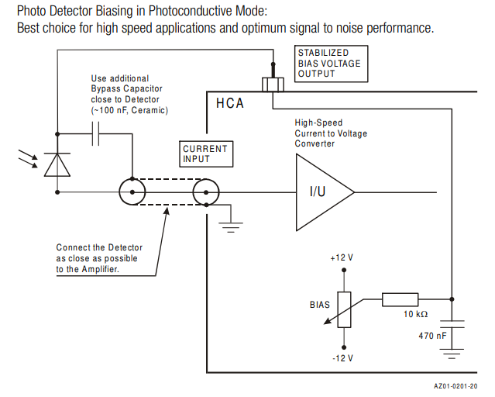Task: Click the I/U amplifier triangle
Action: [320, 192]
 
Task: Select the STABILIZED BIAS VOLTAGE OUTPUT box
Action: [330, 63]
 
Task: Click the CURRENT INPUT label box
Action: [205, 154]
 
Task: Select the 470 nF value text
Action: [432, 336]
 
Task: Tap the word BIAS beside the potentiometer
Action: [320, 305]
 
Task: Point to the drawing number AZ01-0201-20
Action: [455, 385]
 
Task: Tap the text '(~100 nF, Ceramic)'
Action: [129, 110]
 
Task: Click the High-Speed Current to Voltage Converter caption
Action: [331, 133]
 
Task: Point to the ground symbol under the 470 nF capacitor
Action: [452, 354]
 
